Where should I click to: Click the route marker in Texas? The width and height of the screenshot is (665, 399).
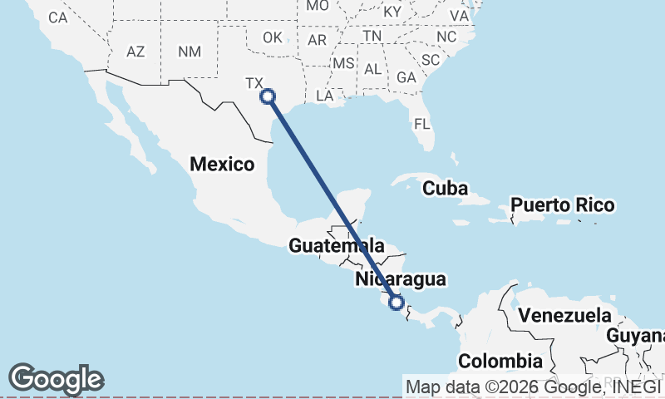(x=268, y=96)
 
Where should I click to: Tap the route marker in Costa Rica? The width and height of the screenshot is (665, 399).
(x=397, y=303)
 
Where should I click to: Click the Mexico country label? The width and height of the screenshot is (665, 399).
(x=222, y=164)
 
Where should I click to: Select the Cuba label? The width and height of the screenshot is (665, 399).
(x=445, y=188)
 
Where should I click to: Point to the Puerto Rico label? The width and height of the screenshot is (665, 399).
(x=562, y=204)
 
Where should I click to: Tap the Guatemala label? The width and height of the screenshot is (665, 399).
(x=337, y=246)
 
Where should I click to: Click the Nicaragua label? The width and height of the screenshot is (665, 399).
(x=400, y=279)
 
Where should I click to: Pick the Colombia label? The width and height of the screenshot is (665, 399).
(x=500, y=362)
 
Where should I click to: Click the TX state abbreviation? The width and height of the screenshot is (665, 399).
(x=254, y=83)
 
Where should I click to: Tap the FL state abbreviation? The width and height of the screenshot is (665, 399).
(x=422, y=125)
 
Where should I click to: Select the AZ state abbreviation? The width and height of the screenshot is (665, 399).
(x=135, y=52)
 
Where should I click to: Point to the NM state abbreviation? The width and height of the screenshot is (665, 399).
(x=190, y=52)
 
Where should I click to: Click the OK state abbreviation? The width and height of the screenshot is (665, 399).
(x=273, y=37)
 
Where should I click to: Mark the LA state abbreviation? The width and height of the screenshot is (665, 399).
(x=324, y=96)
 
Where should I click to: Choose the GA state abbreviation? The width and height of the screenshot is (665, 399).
(x=406, y=76)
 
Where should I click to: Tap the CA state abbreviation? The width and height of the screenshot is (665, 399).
(x=57, y=17)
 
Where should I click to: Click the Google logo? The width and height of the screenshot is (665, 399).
(x=57, y=379)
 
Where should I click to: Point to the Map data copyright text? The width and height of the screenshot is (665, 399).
(x=532, y=387)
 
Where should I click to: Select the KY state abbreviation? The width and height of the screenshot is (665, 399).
(x=392, y=12)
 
